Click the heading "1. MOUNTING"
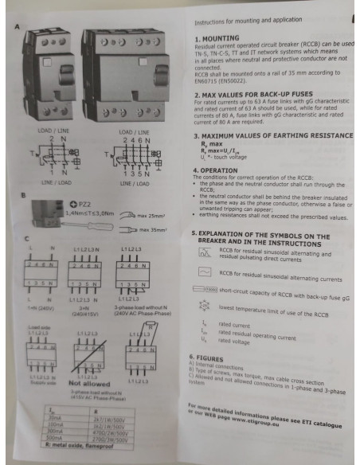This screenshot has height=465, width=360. coord(219,37)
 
